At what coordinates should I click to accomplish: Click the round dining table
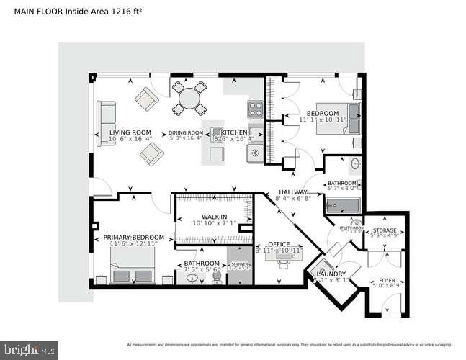tap(190, 99)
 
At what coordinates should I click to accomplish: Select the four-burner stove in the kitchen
tap(256, 109)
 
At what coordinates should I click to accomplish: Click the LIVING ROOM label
tap(130, 132)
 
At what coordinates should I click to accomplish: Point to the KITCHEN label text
tap(234, 133)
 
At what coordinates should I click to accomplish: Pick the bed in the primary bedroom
tap(124, 273)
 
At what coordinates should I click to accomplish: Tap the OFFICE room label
tap(278, 243)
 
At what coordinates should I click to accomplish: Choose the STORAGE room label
tap(383, 230)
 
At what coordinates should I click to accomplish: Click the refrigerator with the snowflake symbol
tap(256, 153)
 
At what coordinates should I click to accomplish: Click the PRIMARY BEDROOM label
tap(133, 238)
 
